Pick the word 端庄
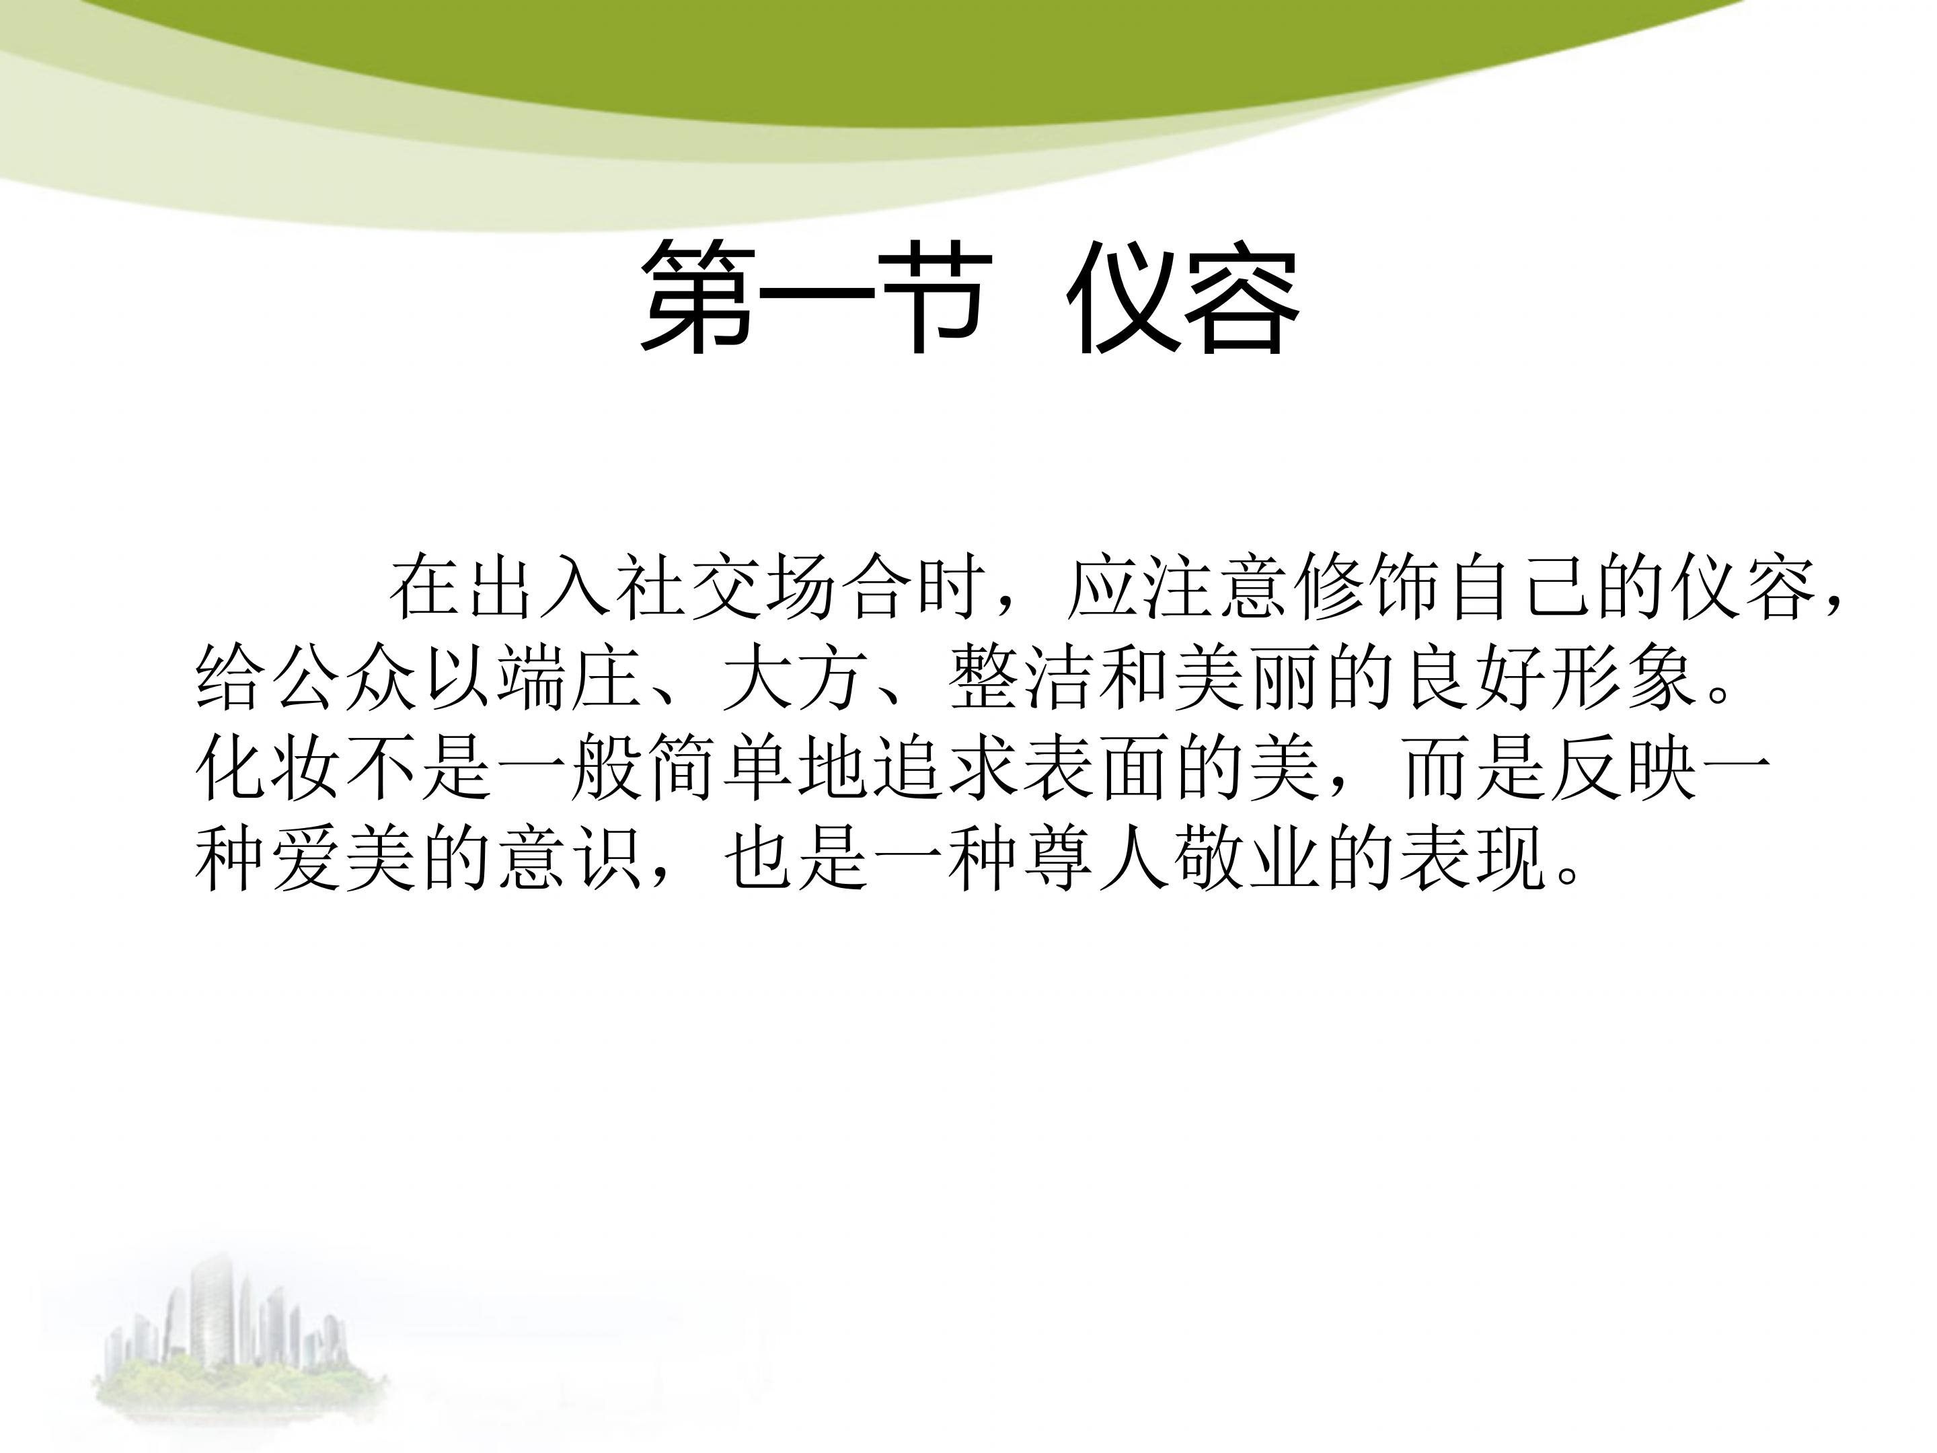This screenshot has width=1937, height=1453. (x=571, y=678)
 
